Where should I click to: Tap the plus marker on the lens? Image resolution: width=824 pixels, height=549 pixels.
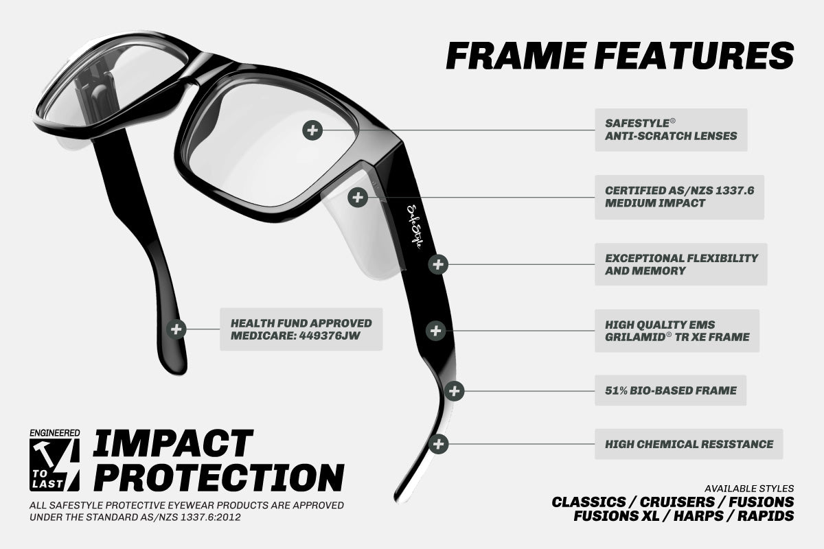pos(312,130)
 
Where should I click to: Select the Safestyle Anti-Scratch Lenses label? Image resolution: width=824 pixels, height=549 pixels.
pos(670,130)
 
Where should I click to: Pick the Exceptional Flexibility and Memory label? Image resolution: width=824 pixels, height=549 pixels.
pos(680,264)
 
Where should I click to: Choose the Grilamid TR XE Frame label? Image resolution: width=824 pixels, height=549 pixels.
pos(676,331)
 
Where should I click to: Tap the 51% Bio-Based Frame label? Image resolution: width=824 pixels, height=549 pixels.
pos(670,390)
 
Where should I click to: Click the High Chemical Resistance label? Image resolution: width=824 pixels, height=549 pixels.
pos(688,444)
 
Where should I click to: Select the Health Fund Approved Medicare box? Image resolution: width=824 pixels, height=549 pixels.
pos(301,329)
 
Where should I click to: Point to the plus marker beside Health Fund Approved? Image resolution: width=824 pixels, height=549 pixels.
pos(176,329)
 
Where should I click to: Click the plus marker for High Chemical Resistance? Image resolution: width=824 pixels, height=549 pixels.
pos(439,443)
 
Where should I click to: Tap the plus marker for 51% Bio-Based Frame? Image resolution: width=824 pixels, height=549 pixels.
pos(454,391)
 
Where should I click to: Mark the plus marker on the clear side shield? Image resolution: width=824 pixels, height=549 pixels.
pos(357,198)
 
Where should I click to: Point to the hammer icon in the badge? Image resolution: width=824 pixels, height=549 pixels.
pos(46,454)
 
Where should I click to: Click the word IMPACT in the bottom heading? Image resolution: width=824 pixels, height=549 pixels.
pos(173,445)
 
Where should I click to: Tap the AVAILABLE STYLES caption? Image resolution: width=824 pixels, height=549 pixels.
pos(748,489)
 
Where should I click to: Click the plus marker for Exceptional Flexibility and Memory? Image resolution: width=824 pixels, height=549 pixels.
pos(438,264)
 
